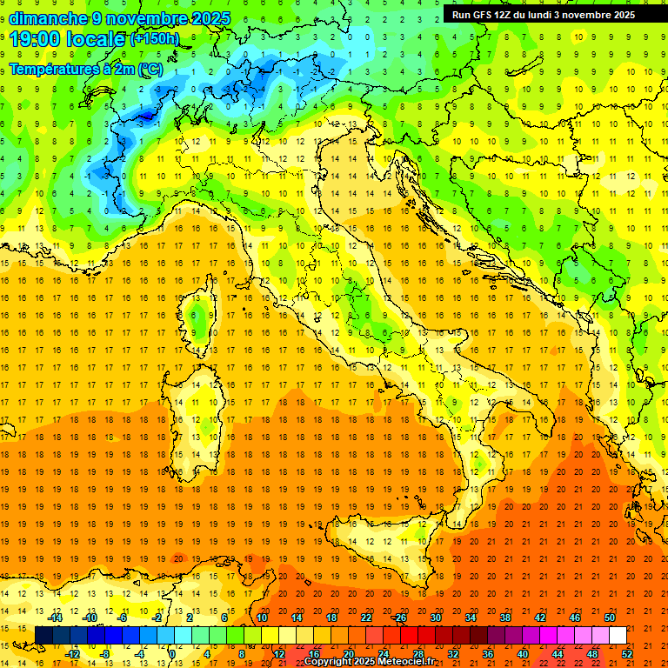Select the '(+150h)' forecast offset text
(154, 39)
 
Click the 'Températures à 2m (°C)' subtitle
(84, 69)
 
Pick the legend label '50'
(609, 618)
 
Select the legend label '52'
(626, 654)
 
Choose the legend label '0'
(172, 654)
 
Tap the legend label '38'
(504, 618)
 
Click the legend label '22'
(365, 618)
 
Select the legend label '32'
(452, 654)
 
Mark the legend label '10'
(261, 618)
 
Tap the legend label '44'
(557, 654)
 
